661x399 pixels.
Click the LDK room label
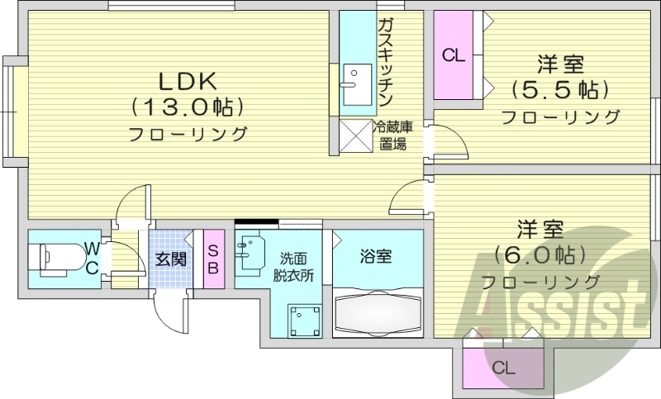tap(188, 81)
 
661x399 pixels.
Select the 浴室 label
tap(377, 257)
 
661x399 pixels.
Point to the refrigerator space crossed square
tap(356, 136)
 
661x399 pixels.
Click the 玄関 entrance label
tap(171, 259)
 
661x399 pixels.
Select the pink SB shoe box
tap(212, 259)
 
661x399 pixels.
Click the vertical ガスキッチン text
tap(384, 62)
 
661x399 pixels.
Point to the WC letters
tap(93, 257)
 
